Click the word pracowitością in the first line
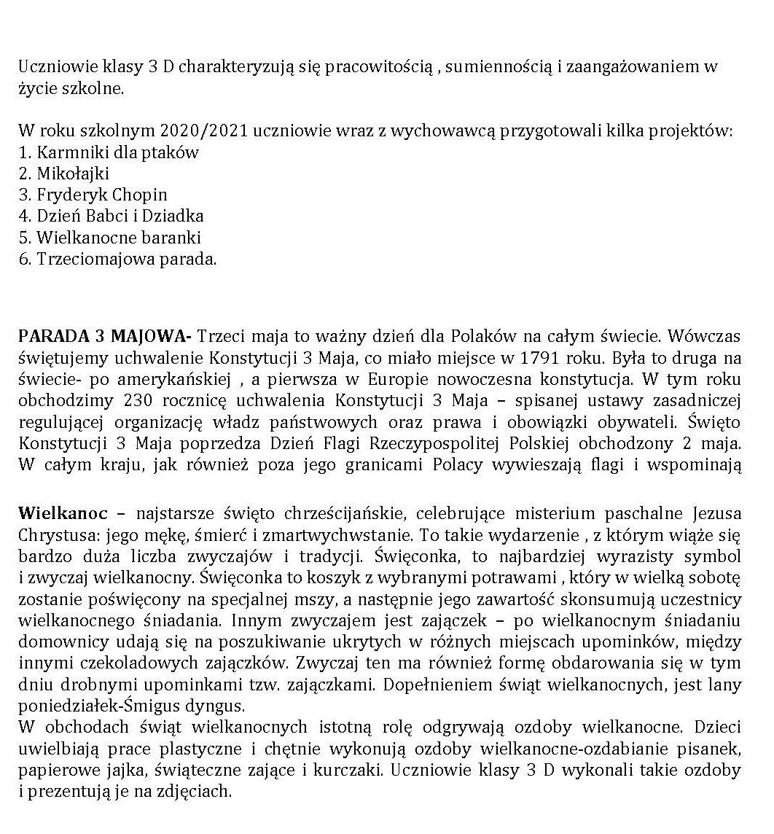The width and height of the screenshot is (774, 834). pos(378,69)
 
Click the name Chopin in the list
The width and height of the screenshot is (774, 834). pos(140,195)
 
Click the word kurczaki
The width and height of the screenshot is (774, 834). pos(388,770)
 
